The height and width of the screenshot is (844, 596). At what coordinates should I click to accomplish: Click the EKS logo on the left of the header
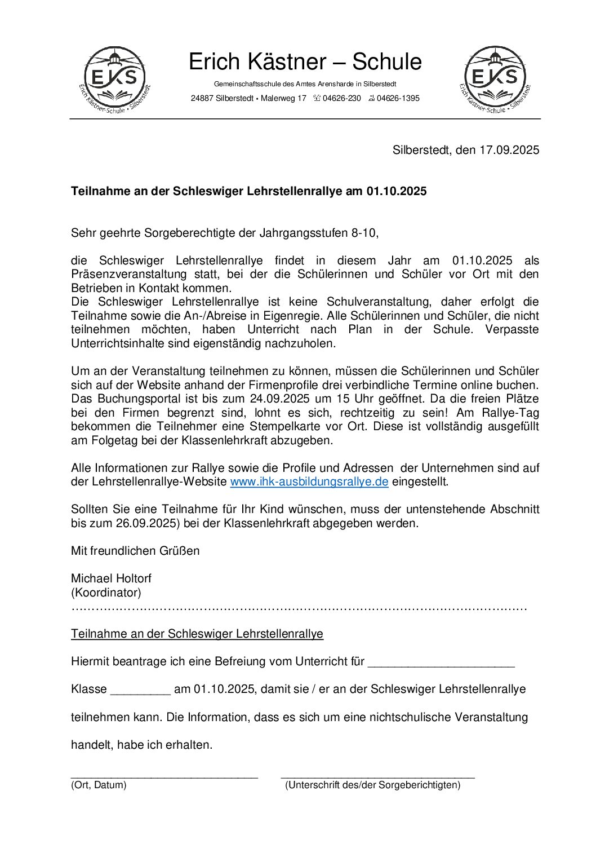point(115,79)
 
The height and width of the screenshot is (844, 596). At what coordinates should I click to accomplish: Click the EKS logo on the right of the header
point(495,79)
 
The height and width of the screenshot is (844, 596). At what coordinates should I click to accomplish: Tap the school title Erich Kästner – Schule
point(305,61)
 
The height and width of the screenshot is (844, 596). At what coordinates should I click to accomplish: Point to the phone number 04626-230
point(341,98)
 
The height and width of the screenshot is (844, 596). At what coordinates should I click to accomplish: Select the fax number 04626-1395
point(398,98)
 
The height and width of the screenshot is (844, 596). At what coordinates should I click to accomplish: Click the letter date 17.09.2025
point(509,150)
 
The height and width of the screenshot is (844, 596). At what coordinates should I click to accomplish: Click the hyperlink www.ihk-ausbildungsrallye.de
point(309,481)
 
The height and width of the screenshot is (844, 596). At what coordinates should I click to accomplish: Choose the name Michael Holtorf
point(111,578)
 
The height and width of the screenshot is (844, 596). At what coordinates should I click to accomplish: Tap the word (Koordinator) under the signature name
point(106,593)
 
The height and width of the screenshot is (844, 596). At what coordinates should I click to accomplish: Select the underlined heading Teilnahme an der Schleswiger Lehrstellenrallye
point(197,634)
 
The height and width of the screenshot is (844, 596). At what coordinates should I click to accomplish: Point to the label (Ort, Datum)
point(99,785)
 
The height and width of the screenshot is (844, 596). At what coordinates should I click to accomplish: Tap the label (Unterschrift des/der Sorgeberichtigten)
point(372,785)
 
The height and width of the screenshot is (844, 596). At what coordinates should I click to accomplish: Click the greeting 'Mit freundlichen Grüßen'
point(135,551)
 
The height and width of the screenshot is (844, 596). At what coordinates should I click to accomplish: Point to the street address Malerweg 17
point(284,98)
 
